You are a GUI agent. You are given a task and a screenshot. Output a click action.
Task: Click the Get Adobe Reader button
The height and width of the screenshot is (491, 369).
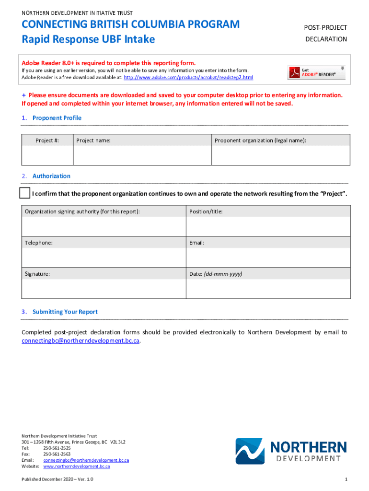point(316,72)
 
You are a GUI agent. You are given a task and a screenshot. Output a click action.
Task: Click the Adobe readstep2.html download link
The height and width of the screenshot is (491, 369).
point(188,77)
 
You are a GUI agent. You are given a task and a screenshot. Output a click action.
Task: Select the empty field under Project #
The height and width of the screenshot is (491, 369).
point(47,155)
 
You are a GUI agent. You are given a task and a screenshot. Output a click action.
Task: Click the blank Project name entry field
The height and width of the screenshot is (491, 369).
point(142,155)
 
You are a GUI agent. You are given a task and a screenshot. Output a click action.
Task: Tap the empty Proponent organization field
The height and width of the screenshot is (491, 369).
point(281,155)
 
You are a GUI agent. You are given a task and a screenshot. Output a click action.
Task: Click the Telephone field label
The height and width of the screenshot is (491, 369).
point(39,243)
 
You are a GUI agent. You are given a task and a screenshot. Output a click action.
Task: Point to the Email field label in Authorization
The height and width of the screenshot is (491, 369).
point(196,243)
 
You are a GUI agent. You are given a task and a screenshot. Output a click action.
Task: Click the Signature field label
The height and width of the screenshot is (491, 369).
point(37,274)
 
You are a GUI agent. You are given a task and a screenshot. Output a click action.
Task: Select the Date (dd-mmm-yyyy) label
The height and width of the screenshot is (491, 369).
point(216,274)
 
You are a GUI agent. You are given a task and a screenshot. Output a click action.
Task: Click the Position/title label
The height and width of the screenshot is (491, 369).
point(206,211)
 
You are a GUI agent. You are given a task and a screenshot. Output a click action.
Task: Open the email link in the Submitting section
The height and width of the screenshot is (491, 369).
point(81,340)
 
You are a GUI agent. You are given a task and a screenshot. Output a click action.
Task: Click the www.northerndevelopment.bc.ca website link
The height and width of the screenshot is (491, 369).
point(77,466)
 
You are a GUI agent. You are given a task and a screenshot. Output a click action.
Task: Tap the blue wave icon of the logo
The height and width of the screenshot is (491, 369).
point(250,451)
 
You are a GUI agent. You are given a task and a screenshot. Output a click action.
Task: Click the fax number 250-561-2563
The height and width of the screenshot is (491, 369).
point(57,454)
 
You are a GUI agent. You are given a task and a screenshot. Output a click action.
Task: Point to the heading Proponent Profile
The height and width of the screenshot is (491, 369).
point(57,118)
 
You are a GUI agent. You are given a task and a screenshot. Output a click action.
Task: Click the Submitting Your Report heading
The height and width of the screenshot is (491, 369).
point(65,312)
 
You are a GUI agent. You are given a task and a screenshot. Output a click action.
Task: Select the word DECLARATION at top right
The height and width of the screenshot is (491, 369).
point(326,39)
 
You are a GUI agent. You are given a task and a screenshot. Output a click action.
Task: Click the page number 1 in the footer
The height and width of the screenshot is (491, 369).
point(346,479)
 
